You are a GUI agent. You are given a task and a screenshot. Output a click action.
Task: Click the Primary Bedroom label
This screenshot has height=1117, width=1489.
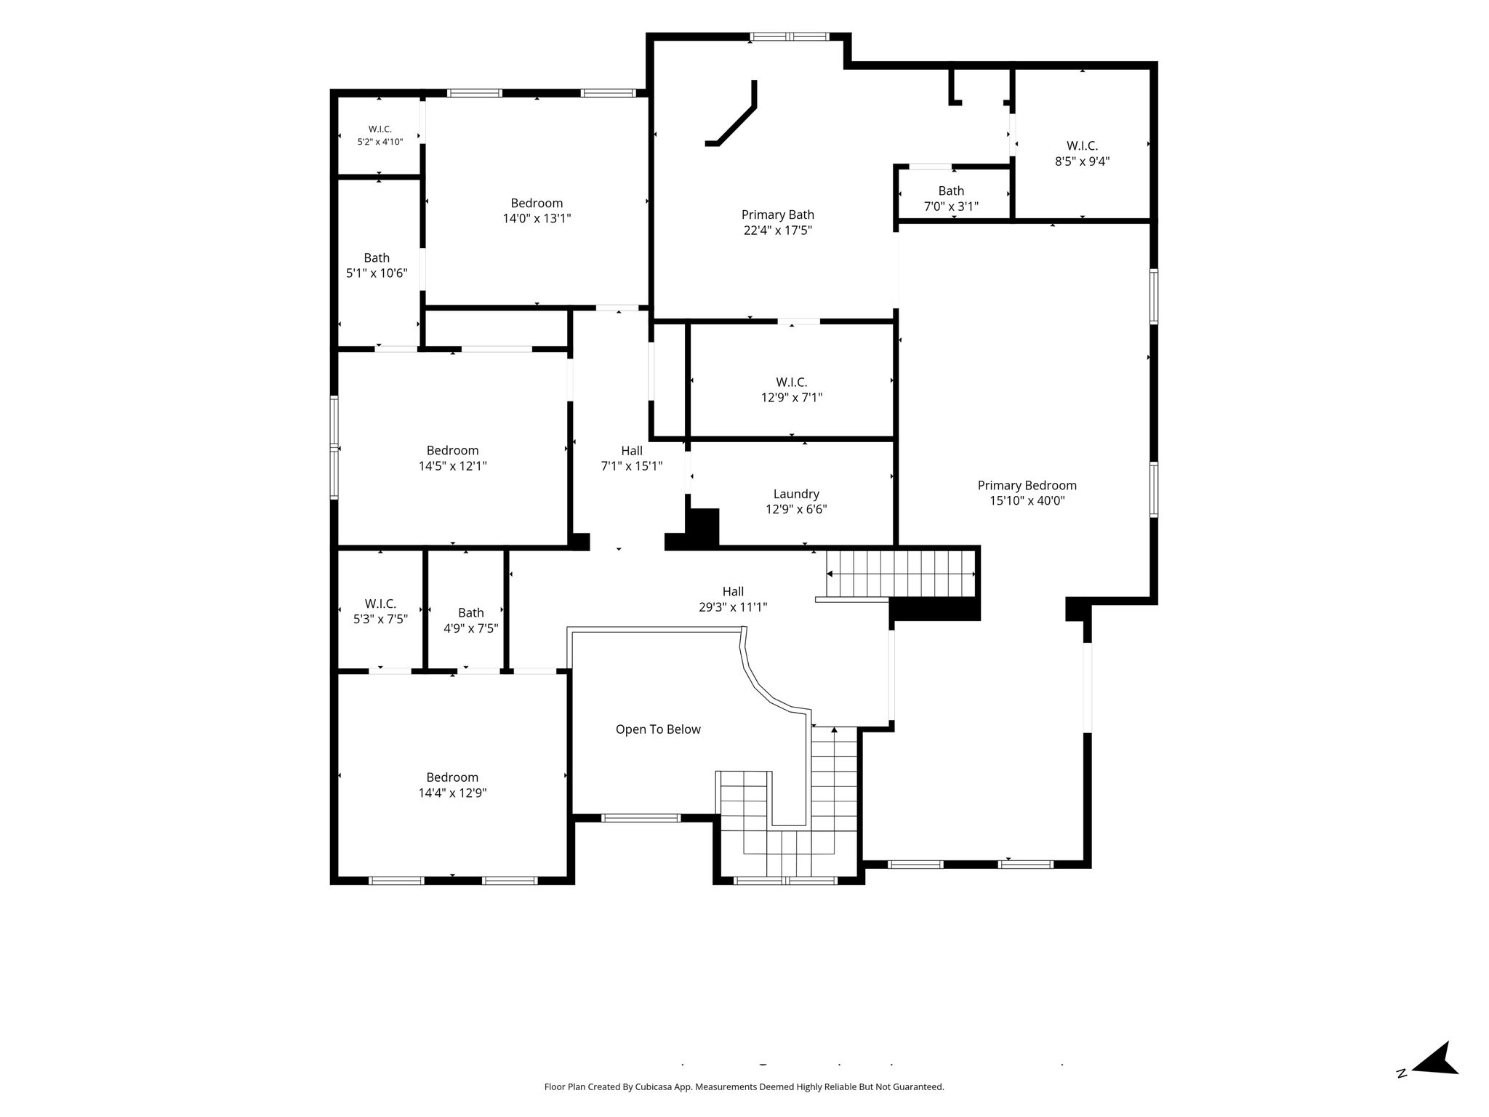click(x=1027, y=485)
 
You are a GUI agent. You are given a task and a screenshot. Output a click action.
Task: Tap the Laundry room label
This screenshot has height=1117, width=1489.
click(x=796, y=495)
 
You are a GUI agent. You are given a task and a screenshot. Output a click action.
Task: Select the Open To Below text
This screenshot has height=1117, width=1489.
click(x=658, y=729)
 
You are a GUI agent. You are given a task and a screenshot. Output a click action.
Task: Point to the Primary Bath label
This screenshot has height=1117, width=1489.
click(x=777, y=215)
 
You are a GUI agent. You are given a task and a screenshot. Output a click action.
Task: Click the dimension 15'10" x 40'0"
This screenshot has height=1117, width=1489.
click(x=1027, y=500)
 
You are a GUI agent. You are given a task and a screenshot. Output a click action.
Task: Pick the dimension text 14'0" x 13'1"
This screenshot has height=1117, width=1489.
click(x=537, y=218)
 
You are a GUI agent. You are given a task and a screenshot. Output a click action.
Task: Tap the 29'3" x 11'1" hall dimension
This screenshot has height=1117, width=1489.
click(x=733, y=607)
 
